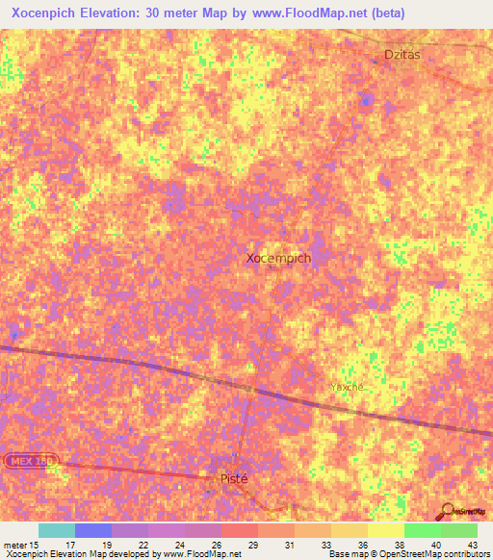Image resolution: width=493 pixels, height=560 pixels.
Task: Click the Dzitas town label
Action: (x=402, y=55)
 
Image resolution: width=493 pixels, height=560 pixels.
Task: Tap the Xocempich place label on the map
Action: (x=278, y=258)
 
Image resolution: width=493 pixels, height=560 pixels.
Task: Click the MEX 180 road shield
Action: (x=30, y=462)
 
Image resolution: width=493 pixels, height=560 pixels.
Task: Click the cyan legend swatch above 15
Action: (x=57, y=530)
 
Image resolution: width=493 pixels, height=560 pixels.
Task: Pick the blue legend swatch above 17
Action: (x=93, y=530)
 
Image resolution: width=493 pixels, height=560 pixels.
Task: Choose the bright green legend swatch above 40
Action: (x=423, y=530)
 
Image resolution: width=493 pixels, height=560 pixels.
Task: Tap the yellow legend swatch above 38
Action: (x=386, y=530)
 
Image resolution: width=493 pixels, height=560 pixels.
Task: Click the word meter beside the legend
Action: (x=15, y=544)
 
